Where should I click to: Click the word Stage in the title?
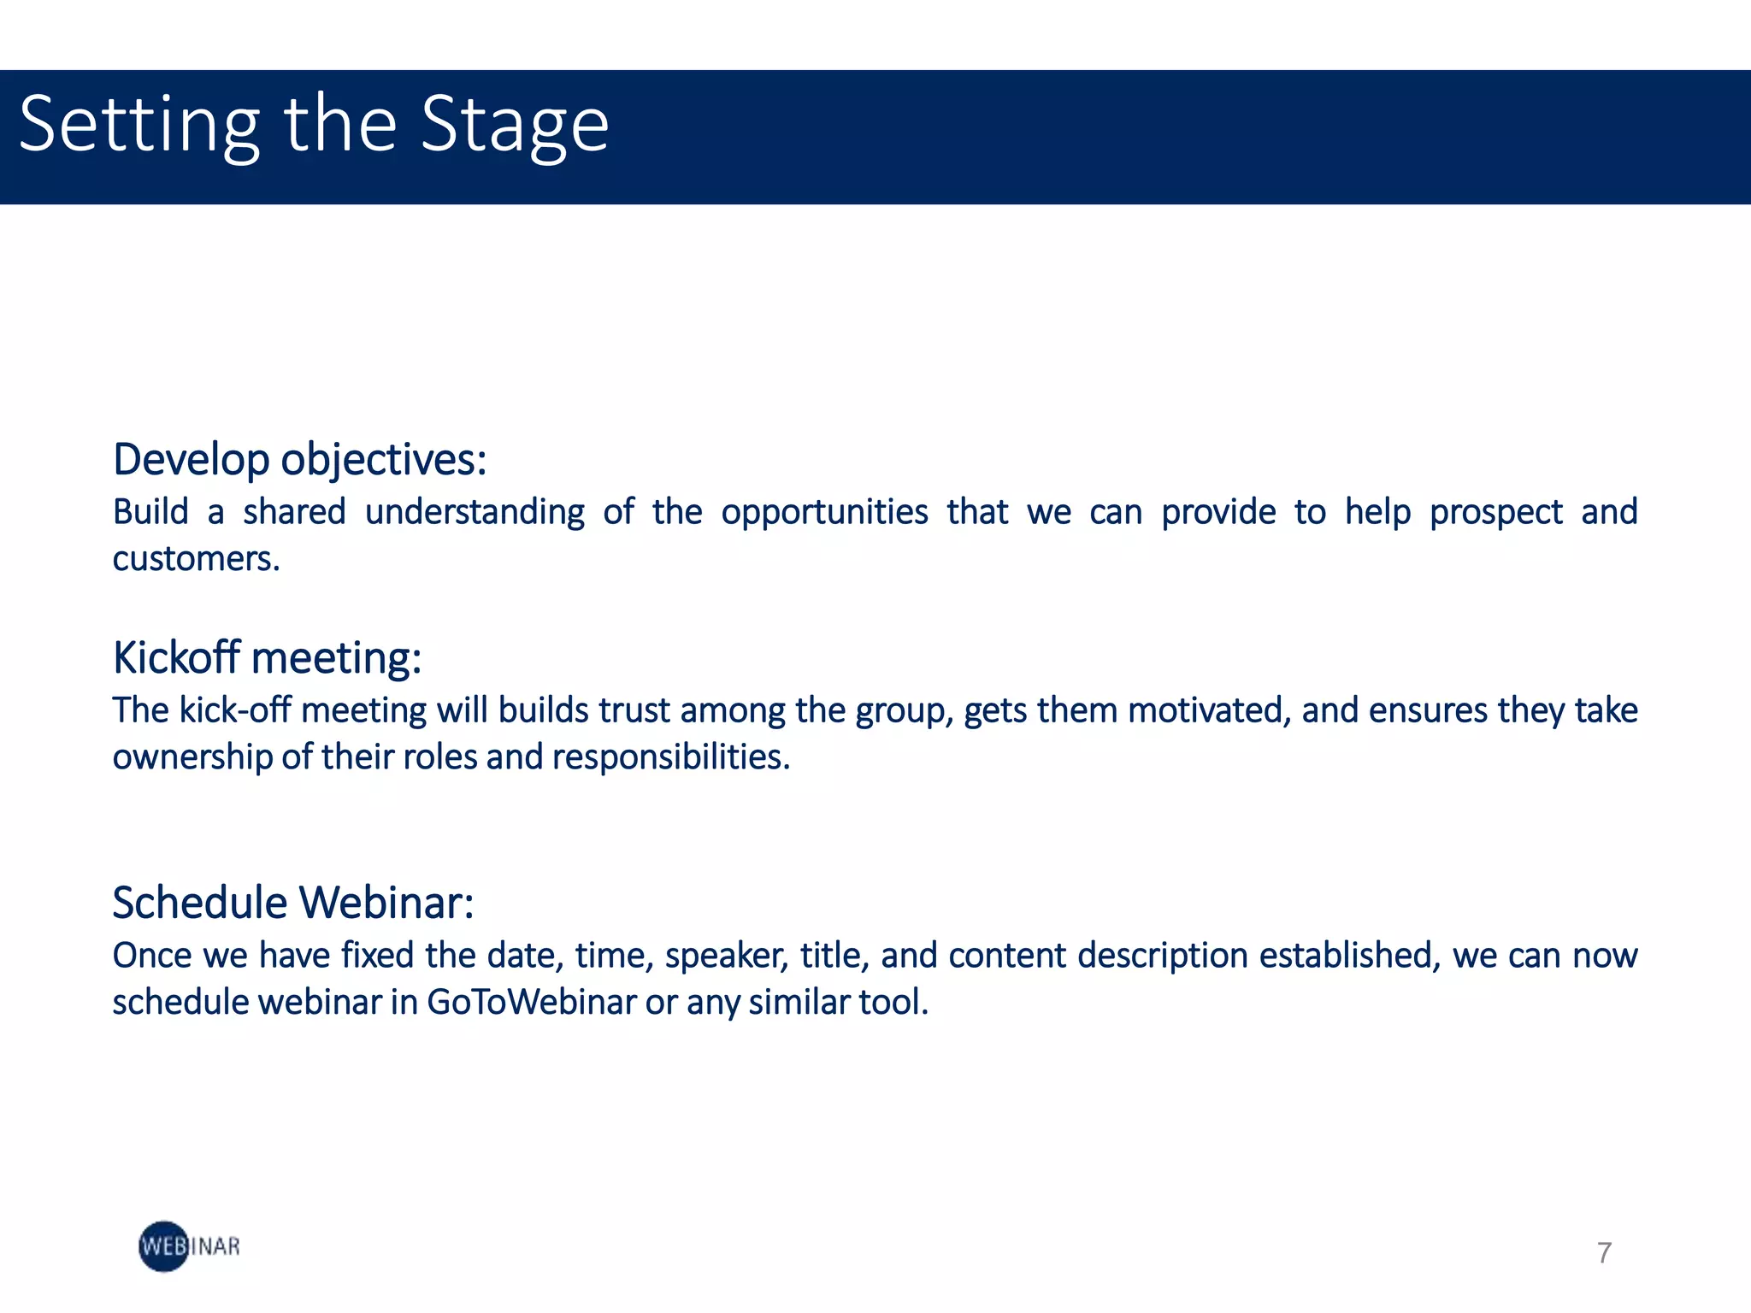pos(515,126)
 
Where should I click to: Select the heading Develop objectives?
pos(299,459)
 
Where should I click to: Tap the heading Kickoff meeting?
pos(267,657)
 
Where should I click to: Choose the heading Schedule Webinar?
pos(292,903)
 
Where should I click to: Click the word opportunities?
pos(824,512)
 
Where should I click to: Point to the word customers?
pos(196,559)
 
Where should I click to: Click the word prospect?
pos(1496,512)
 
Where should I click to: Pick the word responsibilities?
pos(670,757)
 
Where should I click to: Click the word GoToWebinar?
pos(532,1003)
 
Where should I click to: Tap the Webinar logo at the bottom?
pos(189,1246)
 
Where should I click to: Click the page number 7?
pos(1604,1253)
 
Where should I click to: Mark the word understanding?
pos(475,512)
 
